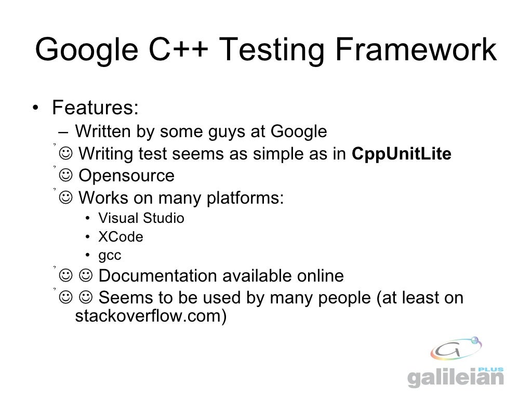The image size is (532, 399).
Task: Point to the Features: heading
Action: (x=95, y=109)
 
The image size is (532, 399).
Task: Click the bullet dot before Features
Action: (x=34, y=109)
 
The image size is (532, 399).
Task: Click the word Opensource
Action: (x=126, y=176)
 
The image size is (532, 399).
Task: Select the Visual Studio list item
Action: (x=141, y=218)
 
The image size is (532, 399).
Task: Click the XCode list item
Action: (x=121, y=237)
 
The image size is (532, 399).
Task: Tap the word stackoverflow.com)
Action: (x=151, y=316)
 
